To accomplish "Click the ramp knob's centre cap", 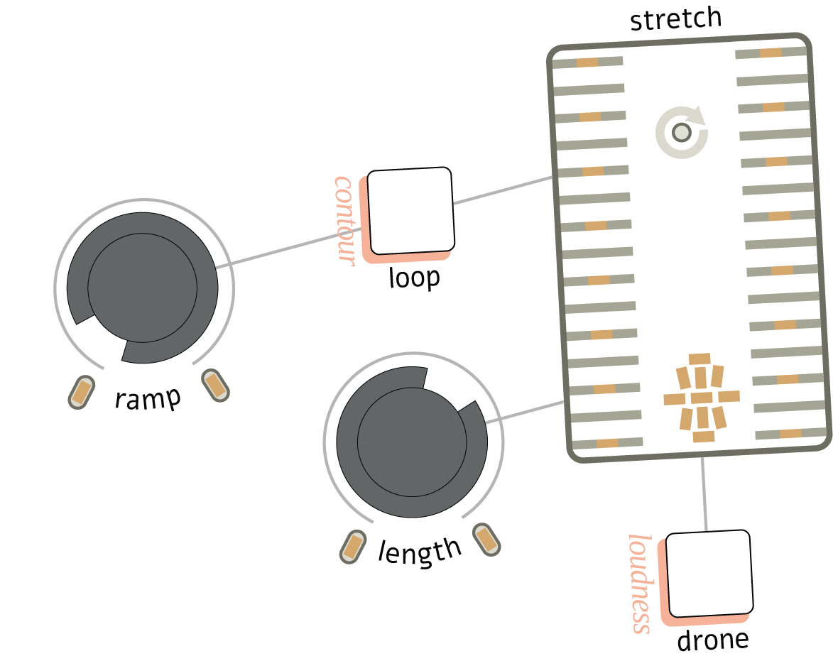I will [x=142, y=288].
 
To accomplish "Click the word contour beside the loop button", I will [x=344, y=221].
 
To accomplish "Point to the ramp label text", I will [x=148, y=400].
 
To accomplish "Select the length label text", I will [x=420, y=552].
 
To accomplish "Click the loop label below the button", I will [x=414, y=278].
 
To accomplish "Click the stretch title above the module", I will [x=675, y=19].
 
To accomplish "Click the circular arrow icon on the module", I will [x=682, y=132].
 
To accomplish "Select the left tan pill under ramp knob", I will [x=82, y=391].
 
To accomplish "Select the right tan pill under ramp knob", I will [x=215, y=384].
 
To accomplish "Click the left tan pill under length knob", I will [x=353, y=547].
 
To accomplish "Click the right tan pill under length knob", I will [x=486, y=539].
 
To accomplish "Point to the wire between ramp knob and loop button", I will [x=291, y=248].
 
